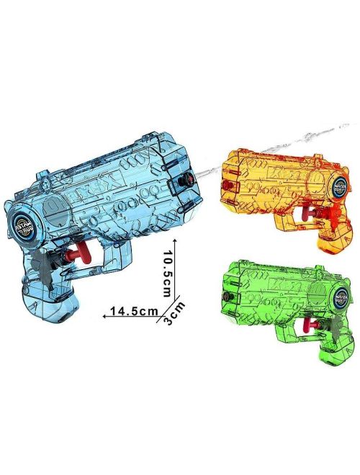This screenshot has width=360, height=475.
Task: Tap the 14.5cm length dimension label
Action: tap(129, 312)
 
